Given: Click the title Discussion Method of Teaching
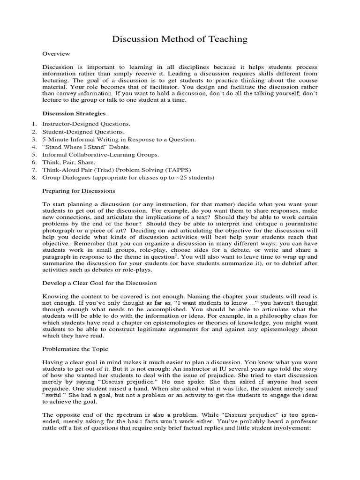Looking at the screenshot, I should tap(180, 39).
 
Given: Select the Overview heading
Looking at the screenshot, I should tap(56, 54).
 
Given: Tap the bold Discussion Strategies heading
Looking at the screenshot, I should tap(74, 113).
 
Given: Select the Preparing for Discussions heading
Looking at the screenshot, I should tap(78, 191).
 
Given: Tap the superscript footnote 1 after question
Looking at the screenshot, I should tap(175, 255).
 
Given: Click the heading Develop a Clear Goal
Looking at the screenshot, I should tap(99, 283).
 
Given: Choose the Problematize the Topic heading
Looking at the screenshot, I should tap(75, 349).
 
